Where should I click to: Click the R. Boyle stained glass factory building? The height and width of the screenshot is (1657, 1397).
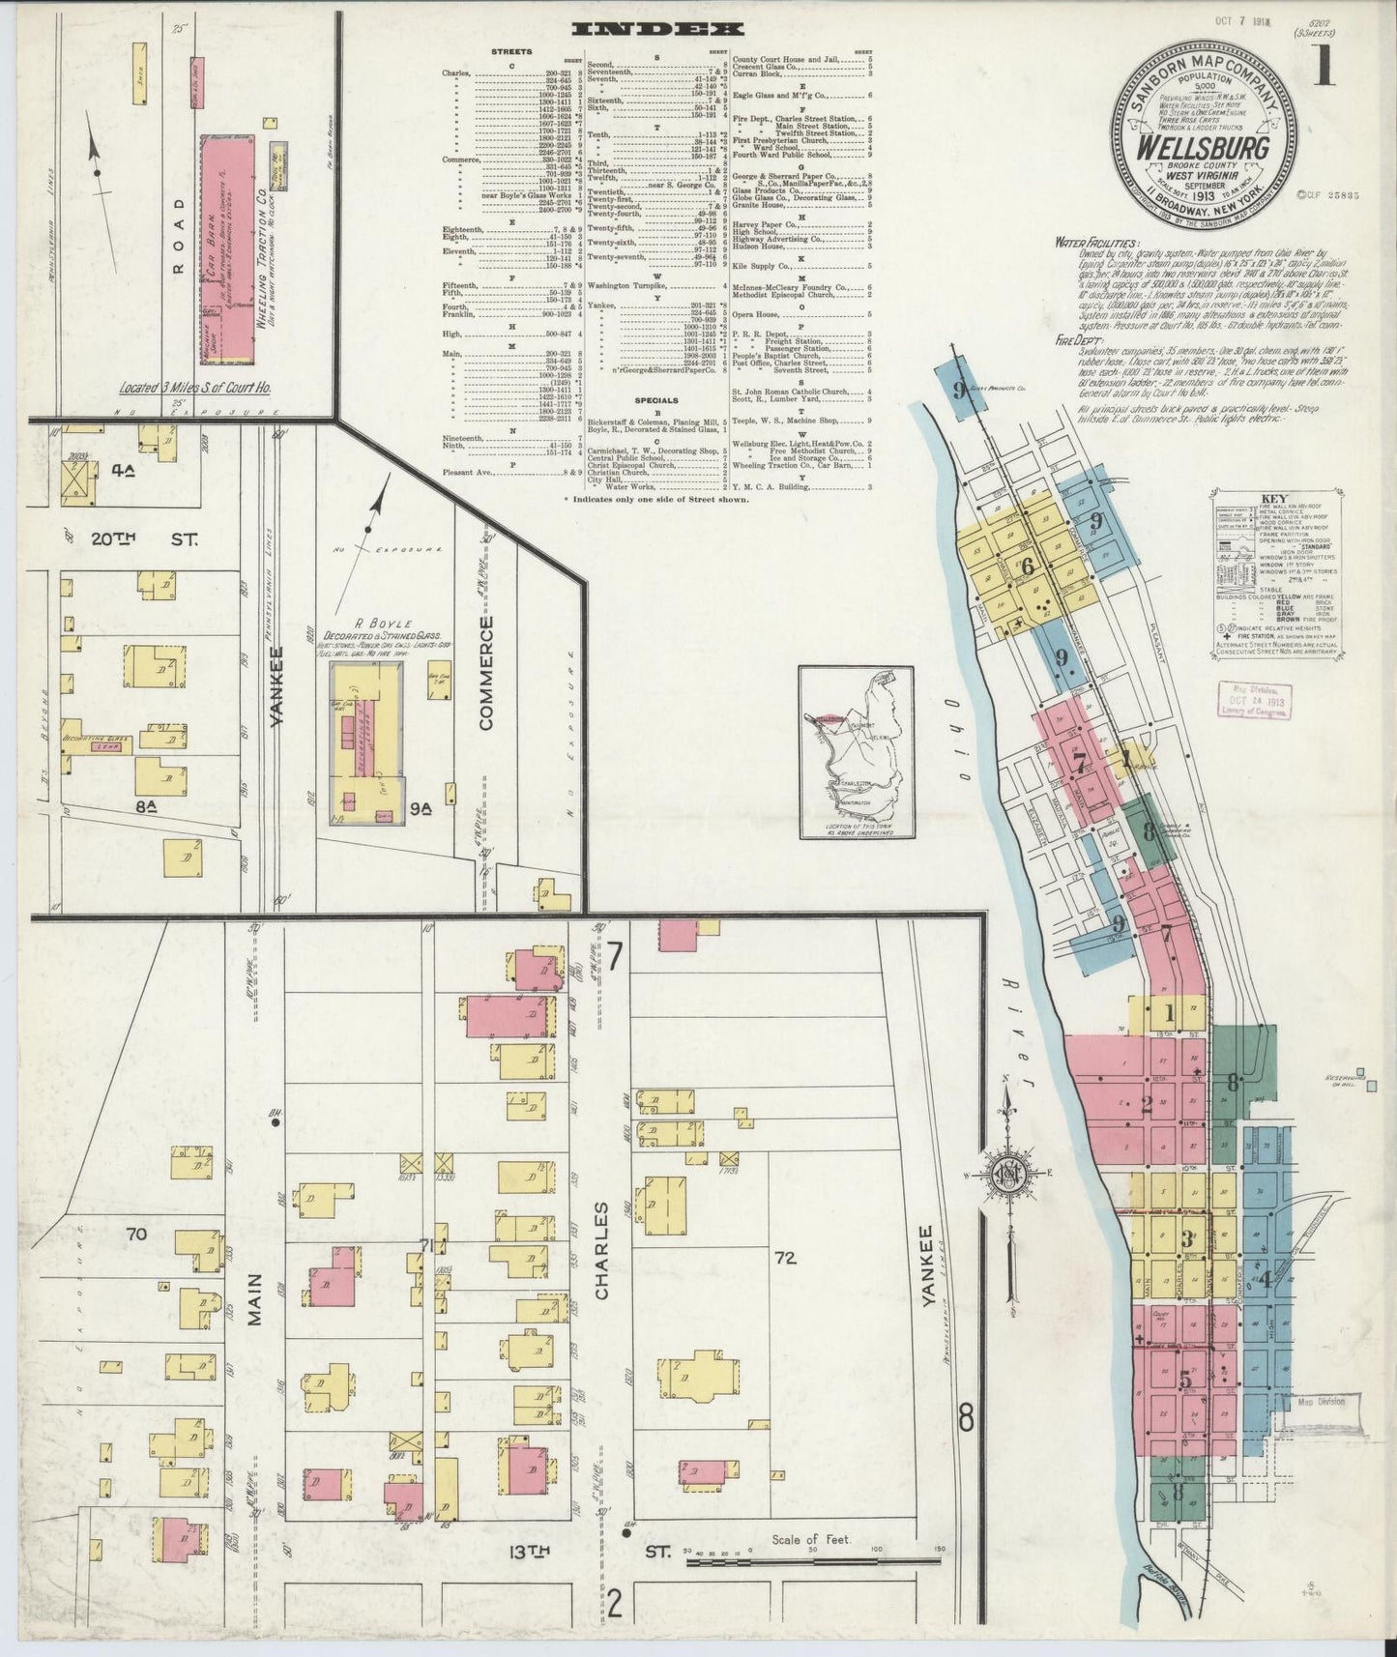[x=367, y=741]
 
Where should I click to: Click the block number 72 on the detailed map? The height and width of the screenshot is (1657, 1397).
[x=783, y=1259]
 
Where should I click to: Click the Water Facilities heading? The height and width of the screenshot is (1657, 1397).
[x=1095, y=245]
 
